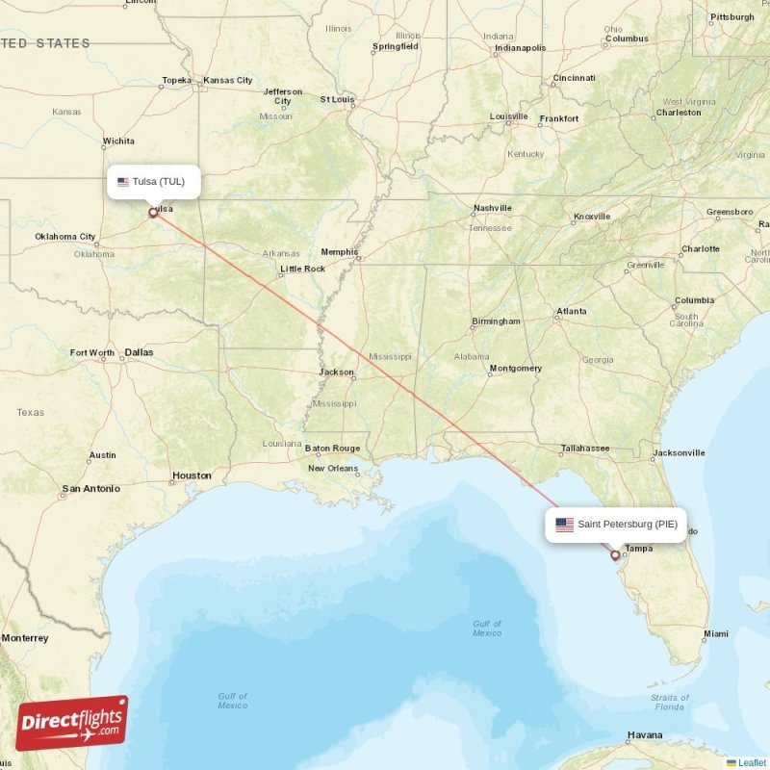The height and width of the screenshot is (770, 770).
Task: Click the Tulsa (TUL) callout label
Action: point(154,182)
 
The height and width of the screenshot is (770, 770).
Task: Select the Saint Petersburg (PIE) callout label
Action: point(616,525)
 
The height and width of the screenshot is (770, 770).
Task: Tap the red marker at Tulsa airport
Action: point(152,213)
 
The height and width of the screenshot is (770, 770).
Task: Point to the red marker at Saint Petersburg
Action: point(615,554)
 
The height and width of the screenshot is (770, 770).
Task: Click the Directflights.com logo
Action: point(71,723)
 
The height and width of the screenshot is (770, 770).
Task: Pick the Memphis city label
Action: point(339,252)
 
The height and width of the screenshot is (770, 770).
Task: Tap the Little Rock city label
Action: point(302,269)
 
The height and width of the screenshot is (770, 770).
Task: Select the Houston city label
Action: point(192,475)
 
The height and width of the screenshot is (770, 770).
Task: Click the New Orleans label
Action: point(333,469)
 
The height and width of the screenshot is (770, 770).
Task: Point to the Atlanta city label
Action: point(572,311)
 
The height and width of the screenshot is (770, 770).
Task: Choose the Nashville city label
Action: point(492,208)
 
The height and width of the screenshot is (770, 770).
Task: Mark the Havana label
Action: point(644,735)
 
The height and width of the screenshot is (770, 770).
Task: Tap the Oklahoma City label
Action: point(65,237)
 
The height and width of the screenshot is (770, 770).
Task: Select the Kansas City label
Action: point(229,80)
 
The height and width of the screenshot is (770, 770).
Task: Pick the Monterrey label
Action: point(24,638)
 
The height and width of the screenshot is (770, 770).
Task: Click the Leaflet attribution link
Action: point(752,762)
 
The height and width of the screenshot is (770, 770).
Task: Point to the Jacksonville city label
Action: point(679,452)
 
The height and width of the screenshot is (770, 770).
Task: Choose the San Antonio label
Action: point(90,489)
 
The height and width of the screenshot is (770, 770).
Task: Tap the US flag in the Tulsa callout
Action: point(123,182)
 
